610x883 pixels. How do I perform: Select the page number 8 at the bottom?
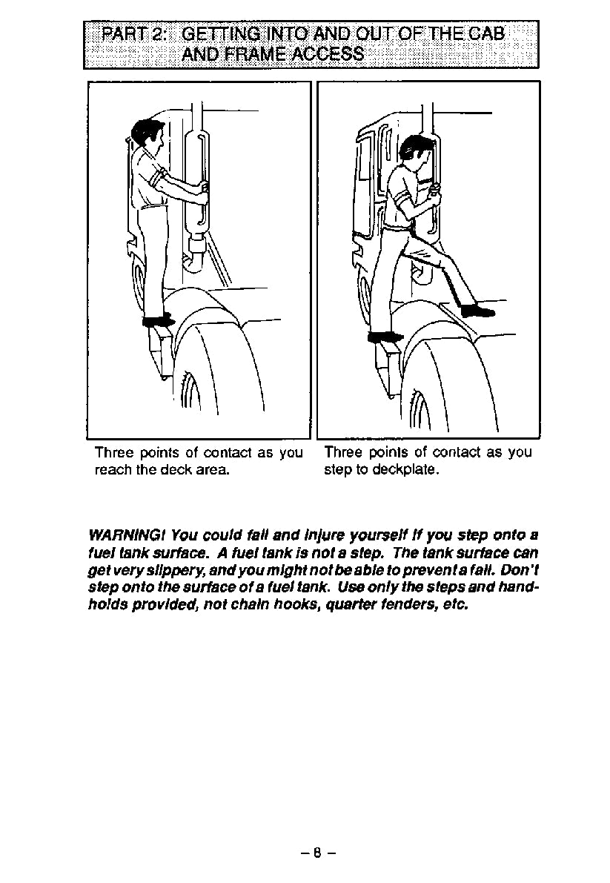point(318,853)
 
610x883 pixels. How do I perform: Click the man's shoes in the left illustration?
point(158,321)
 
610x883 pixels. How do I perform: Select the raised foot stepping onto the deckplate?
point(477,311)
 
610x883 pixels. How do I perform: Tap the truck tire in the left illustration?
point(215,371)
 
